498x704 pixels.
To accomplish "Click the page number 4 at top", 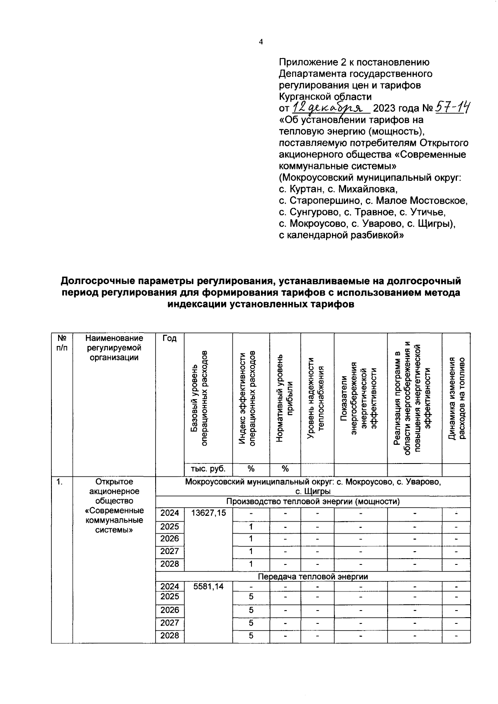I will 261,42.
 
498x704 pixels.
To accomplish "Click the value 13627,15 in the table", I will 208,513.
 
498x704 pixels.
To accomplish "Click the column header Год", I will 169,339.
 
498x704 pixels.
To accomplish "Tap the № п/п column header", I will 62,343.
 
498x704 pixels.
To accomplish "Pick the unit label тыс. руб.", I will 208,469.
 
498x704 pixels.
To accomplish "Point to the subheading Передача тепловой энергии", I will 313,576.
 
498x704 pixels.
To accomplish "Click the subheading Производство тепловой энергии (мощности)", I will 313,502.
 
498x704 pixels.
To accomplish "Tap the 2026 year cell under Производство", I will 169,539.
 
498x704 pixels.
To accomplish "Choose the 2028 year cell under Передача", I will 169,635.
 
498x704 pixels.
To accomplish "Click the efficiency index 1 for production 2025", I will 251,527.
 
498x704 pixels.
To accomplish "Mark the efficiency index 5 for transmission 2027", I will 251,623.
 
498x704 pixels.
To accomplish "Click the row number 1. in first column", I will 60,482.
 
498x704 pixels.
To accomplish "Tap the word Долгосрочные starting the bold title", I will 98,281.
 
